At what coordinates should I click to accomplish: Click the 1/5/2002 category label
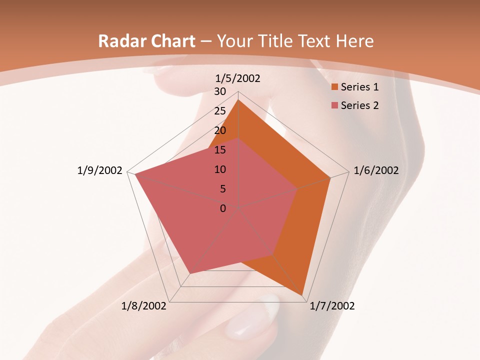click(237, 78)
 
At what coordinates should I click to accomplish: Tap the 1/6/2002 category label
click(376, 170)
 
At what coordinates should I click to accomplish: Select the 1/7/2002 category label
click(332, 306)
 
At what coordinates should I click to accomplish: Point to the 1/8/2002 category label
click(144, 306)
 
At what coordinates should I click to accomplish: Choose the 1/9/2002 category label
click(99, 170)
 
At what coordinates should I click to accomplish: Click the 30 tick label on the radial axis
click(220, 92)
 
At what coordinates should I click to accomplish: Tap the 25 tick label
click(220, 111)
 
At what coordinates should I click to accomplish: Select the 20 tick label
click(220, 131)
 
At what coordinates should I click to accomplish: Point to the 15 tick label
click(220, 150)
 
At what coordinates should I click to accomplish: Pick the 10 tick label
click(220, 169)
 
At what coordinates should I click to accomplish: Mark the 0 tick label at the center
click(223, 208)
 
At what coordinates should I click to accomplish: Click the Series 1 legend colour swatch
click(334, 87)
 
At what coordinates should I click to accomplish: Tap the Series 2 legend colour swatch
click(334, 105)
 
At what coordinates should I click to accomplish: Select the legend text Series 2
click(359, 105)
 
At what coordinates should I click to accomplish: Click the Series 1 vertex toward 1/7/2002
click(303, 294)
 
